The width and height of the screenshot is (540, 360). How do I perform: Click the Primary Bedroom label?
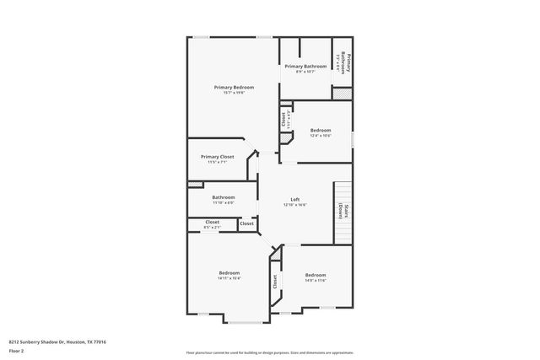point(234,87)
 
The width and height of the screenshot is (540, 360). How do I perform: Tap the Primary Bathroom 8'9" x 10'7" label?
point(305,66)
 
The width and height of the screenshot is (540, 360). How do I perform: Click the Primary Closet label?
point(217,157)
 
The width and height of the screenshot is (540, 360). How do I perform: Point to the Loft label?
point(295,199)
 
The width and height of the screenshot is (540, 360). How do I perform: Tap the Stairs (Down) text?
point(344,211)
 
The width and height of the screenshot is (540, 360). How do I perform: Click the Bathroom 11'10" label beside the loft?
point(224,197)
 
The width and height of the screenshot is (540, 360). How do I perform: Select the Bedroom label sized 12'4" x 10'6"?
point(320,130)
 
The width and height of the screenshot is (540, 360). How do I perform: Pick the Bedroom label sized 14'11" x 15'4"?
point(229,273)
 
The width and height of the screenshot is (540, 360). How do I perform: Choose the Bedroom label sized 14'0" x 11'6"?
point(315,275)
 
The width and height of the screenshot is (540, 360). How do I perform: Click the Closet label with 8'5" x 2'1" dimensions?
point(213,222)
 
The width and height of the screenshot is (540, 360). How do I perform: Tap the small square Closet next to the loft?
point(246,223)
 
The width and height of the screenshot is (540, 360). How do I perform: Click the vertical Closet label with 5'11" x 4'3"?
point(284,120)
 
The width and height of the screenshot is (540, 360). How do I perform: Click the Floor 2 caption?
point(15,350)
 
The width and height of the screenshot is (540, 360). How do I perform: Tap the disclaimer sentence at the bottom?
point(269,352)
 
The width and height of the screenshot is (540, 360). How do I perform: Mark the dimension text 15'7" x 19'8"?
point(234,93)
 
